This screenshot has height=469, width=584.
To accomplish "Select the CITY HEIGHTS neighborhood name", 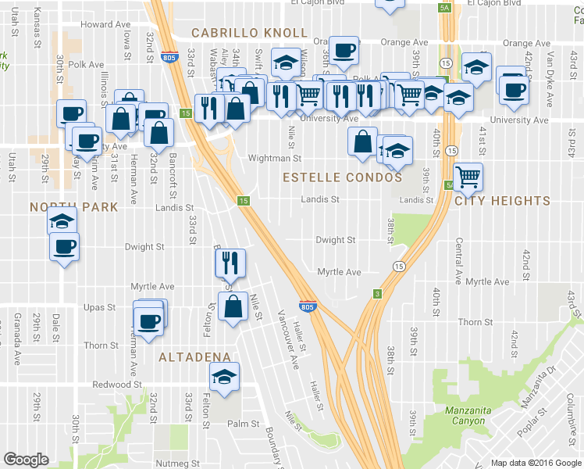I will click(502, 201).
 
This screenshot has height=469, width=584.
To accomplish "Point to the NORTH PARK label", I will click(73, 207).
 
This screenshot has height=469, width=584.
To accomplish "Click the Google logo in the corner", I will click(27, 459).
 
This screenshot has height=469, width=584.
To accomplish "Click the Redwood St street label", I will click(116, 385).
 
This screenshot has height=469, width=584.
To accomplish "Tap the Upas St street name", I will click(100, 307).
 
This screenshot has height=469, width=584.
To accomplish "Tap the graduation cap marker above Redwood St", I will click(224, 377).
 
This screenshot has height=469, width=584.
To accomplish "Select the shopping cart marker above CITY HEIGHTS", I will click(468, 177).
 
